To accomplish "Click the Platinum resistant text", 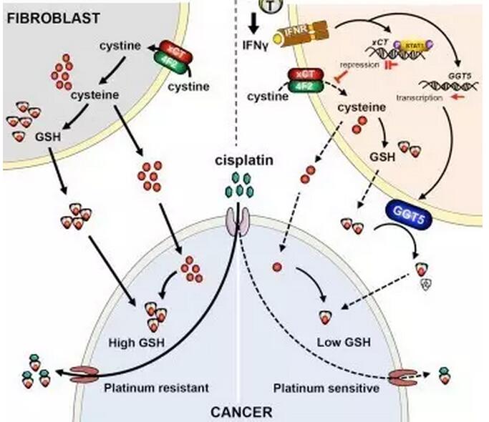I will [155, 388].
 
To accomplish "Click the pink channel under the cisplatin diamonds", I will [238, 220].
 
